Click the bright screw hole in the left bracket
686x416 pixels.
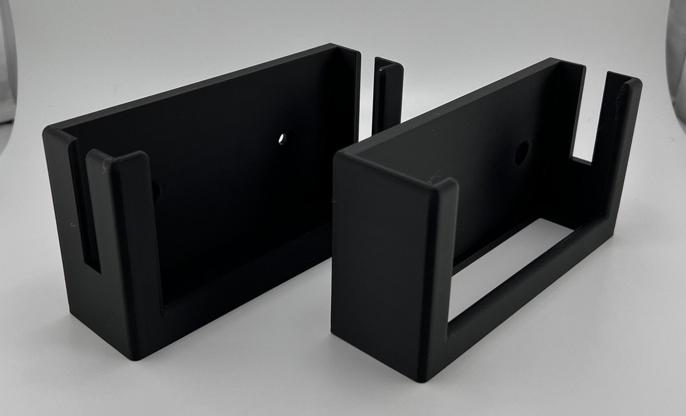tap(283, 138)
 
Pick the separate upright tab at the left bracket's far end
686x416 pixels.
tap(388, 96)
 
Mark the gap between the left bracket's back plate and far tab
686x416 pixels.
tap(367, 96)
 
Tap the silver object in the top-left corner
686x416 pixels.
tap(7, 60)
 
